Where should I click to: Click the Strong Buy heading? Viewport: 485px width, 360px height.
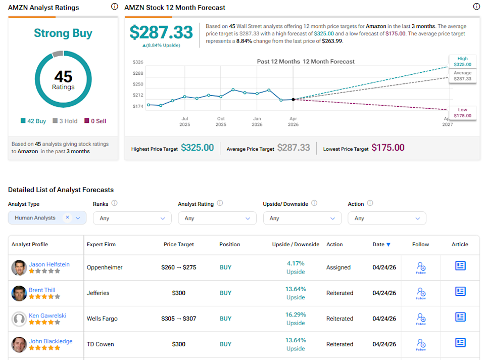[x=63, y=33]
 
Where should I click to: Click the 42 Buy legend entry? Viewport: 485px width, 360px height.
[x=33, y=121]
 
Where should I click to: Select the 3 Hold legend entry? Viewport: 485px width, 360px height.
[x=65, y=121]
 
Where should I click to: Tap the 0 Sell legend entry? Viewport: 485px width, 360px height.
[x=95, y=121]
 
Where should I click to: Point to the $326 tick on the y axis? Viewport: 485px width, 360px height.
[x=138, y=62]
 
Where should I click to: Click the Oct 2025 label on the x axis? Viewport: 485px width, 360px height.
[x=221, y=121]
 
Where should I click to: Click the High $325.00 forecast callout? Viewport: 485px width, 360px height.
[x=462, y=61]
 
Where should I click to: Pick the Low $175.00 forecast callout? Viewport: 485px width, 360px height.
[x=462, y=113]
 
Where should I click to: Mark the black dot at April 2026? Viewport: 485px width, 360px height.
[x=293, y=100]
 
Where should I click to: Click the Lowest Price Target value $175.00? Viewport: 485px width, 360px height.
[x=388, y=148]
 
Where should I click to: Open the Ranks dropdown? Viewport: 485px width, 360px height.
[x=132, y=218]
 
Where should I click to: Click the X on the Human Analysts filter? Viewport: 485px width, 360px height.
[x=67, y=217]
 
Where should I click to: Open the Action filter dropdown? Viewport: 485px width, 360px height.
[x=387, y=218]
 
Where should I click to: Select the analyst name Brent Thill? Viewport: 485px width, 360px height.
[x=42, y=290]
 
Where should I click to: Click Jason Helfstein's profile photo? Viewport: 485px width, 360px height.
[x=19, y=268]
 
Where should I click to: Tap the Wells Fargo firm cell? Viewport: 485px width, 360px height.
[x=102, y=319]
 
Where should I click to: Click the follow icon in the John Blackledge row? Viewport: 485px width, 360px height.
[x=421, y=344]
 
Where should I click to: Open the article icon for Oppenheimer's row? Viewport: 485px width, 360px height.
[x=460, y=265]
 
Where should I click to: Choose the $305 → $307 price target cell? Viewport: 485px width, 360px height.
[x=178, y=319]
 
